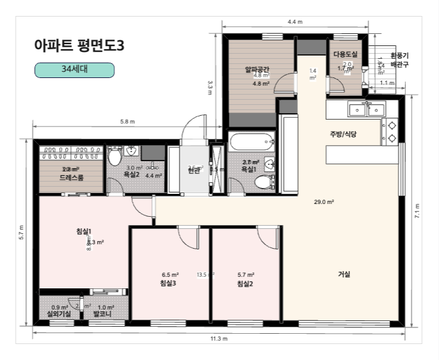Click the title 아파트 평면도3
79,46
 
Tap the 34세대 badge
74,70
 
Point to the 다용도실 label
345,56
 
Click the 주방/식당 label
343,134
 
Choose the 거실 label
344,274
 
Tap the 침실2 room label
246,283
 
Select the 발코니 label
105,315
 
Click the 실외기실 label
60,315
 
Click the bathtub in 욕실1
250,142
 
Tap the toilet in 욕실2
115,156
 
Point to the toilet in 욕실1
262,183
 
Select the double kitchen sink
366,110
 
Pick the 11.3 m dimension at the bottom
219,338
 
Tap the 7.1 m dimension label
417,211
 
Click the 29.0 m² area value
324,202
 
